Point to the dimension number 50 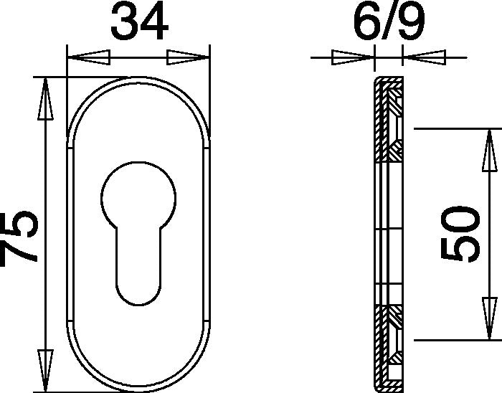[460, 234]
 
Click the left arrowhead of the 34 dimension [89, 57]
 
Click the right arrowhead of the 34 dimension [188, 57]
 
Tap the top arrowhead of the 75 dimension [45, 99]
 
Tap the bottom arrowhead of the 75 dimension [45, 371]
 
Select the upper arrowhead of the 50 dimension [490, 150]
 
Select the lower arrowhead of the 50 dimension [490, 318]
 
